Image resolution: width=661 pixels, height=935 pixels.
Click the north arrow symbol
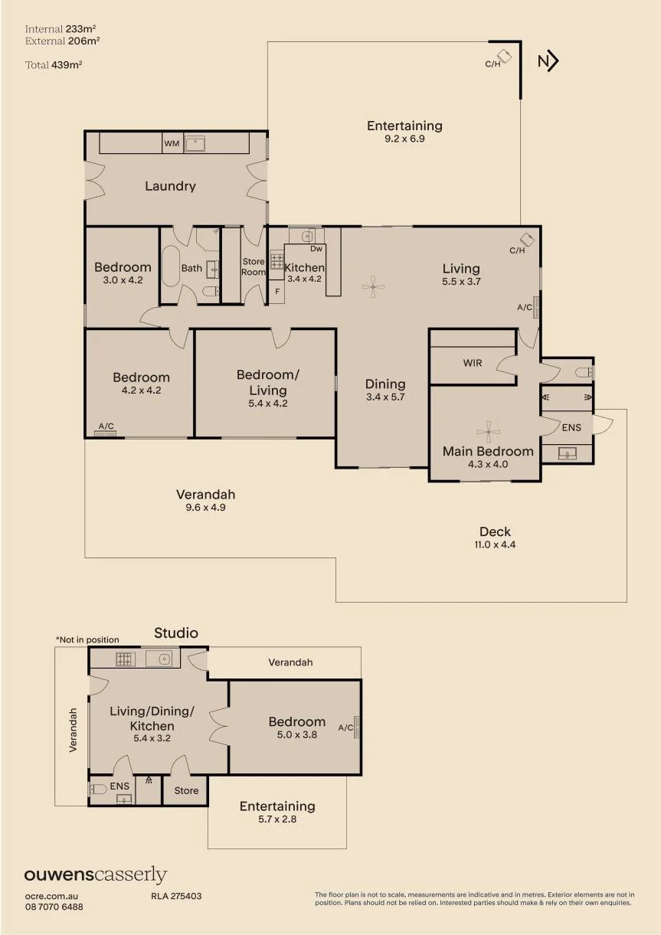pos(548,61)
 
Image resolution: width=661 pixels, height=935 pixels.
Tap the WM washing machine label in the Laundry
pos(172,144)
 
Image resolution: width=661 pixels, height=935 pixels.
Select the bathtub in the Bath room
pos(170,266)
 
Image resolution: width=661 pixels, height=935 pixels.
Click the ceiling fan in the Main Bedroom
pos(488,431)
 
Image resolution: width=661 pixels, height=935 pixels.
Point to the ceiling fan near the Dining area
pos(373,286)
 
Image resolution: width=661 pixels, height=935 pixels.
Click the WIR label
pos(473,363)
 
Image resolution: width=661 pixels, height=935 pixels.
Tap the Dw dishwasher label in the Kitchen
pos(316,249)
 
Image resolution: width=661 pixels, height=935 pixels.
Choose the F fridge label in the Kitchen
pos(277,292)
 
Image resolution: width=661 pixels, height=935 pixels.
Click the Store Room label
pos(254,266)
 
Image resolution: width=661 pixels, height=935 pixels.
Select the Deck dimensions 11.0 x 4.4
pos(495,544)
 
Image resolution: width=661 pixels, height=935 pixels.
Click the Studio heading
pos(176,633)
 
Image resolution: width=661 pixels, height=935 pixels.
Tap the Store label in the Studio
pos(186,790)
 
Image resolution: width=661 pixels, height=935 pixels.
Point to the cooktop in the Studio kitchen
pos(126,659)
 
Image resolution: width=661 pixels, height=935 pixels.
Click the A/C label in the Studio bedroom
pos(345,727)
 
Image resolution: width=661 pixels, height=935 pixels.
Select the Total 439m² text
pos(54,65)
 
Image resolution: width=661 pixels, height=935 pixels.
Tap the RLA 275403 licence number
pos(176,896)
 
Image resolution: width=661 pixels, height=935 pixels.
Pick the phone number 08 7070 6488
pos(54,907)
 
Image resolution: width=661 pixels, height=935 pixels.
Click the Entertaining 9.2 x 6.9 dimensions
pos(404,139)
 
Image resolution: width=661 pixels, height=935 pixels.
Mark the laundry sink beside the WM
pos(194,144)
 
